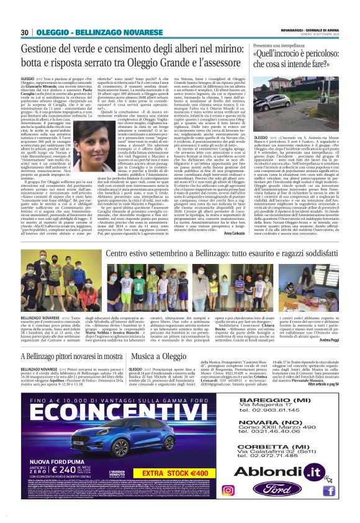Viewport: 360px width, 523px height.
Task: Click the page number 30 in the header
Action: tap(24, 32)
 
